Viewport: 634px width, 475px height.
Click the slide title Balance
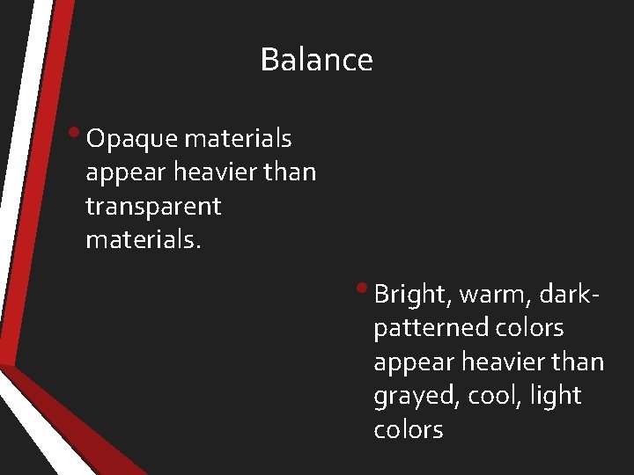click(x=316, y=60)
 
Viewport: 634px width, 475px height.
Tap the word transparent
click(x=153, y=207)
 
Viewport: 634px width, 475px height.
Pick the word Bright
click(x=409, y=294)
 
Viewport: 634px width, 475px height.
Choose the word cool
click(x=493, y=396)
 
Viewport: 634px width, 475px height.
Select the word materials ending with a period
click(x=144, y=240)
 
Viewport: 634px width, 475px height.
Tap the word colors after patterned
click(x=529, y=328)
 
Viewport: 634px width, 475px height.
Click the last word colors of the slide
click(x=408, y=430)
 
